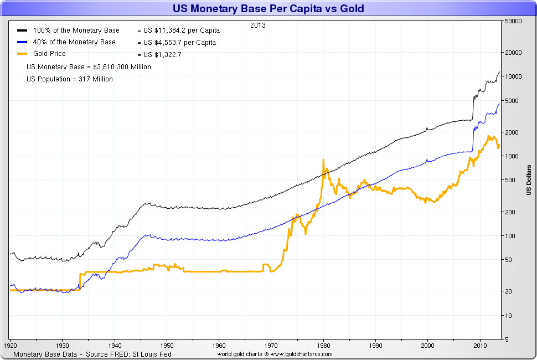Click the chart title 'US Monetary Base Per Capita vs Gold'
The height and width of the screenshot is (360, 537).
[268, 9]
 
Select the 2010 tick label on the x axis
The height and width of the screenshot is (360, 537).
[480, 344]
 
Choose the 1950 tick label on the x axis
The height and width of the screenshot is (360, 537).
[167, 344]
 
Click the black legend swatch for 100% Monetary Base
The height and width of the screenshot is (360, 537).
[22, 30]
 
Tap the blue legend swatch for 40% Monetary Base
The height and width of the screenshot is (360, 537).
[22, 43]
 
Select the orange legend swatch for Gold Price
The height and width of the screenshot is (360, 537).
[22, 54]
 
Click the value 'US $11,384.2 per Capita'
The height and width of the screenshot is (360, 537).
[178, 30]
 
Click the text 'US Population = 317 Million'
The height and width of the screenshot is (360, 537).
[70, 79]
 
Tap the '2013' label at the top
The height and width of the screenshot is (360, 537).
[257, 25]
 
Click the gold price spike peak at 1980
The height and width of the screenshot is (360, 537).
[323, 160]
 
